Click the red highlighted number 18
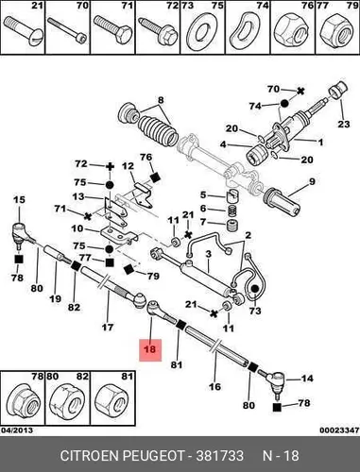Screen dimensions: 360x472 150,349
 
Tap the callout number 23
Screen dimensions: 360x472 344,124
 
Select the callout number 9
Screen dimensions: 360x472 312,181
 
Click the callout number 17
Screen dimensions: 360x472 108,328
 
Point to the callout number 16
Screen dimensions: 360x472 215,386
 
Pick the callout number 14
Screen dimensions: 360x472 307,378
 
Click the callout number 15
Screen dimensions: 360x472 19,199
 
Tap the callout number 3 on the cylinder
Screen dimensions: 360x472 208,254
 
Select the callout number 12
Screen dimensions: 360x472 129,165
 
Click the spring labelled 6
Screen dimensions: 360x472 232,210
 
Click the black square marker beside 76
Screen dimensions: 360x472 155,177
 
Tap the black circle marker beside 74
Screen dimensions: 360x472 284,103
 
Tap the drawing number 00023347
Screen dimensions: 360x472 339,430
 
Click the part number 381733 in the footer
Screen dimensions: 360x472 220,456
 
